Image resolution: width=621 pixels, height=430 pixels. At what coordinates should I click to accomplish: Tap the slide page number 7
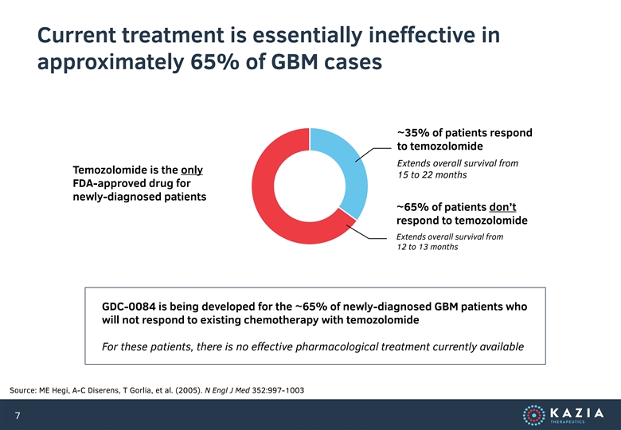coord(18,416)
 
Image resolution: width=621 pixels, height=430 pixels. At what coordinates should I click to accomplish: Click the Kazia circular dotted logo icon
coord(534,416)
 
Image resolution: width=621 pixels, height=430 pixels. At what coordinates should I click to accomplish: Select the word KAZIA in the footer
coord(577,413)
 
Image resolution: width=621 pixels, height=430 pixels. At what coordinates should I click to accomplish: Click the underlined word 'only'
coord(192,170)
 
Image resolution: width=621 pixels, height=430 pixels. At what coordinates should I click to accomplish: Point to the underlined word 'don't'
coord(502,207)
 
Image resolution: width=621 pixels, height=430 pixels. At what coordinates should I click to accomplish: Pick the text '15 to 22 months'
coord(432,175)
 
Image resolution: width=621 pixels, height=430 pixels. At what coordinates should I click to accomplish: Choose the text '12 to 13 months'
coord(428,247)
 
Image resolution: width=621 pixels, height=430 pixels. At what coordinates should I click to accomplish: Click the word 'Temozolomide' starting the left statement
coord(106,170)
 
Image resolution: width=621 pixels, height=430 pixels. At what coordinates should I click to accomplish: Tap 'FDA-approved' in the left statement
coord(103,183)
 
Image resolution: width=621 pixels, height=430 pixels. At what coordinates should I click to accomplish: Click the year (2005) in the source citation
coord(189,390)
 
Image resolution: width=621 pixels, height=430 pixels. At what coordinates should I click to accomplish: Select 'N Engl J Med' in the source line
coord(228,390)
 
